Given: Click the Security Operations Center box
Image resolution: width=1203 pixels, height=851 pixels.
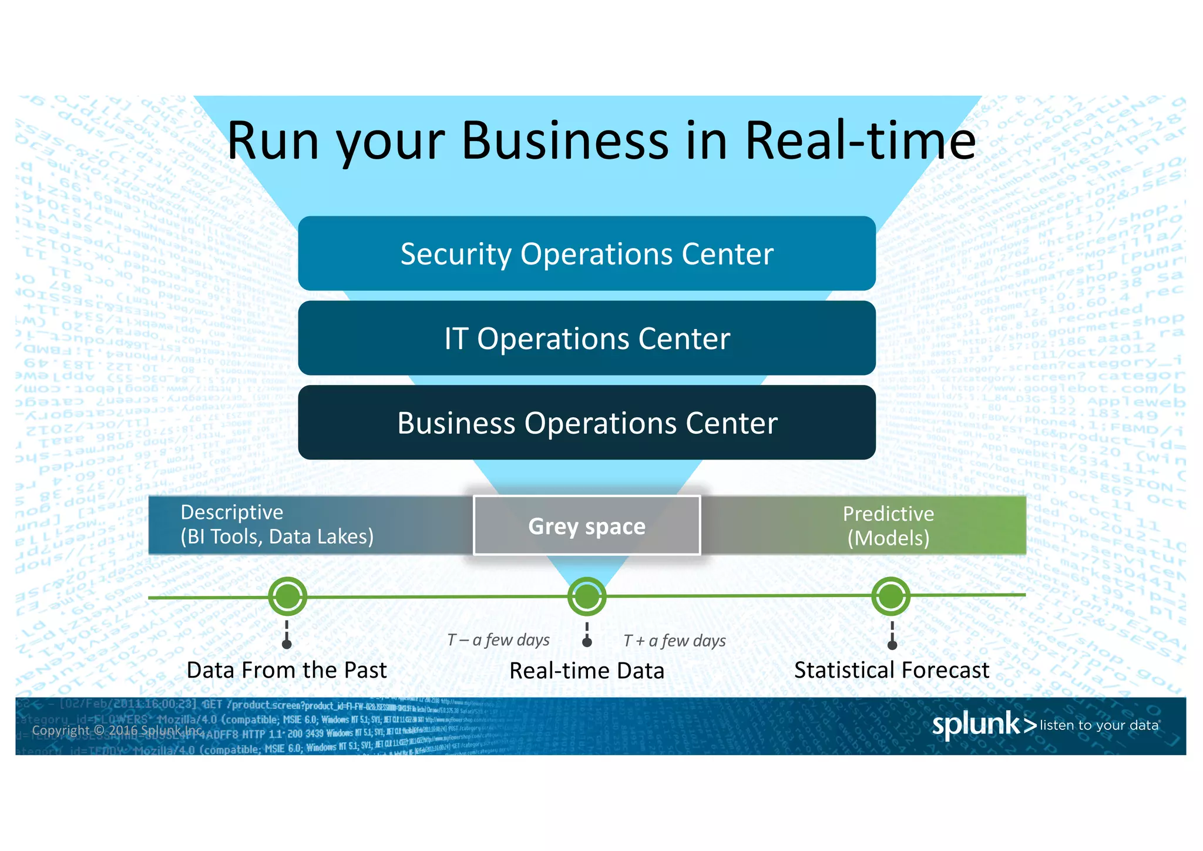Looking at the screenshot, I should [x=587, y=253].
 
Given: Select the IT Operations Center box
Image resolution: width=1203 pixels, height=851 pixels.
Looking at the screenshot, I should [x=587, y=338].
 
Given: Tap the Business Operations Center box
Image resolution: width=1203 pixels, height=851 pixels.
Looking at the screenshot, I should [x=587, y=423].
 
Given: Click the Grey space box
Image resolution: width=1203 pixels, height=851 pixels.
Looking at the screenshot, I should [x=587, y=525].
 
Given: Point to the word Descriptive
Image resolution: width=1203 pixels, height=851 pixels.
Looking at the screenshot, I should [x=232, y=512].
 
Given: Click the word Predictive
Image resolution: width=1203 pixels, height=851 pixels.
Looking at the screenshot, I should [x=888, y=514].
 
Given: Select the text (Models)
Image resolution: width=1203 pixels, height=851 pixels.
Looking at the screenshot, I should [x=888, y=538].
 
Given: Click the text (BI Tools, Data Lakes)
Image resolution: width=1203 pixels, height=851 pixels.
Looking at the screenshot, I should [x=277, y=537].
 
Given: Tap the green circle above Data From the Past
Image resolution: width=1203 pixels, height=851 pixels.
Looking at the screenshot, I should [x=287, y=597].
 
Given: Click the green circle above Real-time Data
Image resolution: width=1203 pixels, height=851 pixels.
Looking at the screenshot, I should [x=587, y=597].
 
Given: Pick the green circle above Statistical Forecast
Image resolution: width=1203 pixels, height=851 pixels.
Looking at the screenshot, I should [x=891, y=597].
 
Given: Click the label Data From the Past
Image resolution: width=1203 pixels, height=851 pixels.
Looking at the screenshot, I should [x=287, y=670].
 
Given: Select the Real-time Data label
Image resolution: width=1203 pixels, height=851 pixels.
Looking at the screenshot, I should [x=587, y=671].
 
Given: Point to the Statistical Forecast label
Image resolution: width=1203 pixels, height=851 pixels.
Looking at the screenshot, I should [x=892, y=670].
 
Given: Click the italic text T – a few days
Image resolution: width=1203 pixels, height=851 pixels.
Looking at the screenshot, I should [x=498, y=640].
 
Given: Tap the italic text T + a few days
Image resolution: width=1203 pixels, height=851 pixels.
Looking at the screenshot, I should [x=674, y=641].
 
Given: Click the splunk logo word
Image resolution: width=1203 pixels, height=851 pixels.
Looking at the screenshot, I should [x=976, y=724].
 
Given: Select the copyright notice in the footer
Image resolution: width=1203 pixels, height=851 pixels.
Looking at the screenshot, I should [x=117, y=731].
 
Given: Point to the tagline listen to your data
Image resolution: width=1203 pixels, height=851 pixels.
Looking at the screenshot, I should [x=1099, y=725].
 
